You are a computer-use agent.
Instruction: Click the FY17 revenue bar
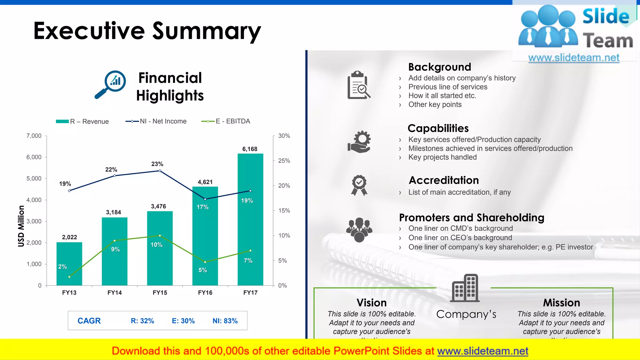250,219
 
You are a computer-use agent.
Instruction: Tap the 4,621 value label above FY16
205,182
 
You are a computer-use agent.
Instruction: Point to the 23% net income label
157,164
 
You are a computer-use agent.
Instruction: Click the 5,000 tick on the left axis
34,178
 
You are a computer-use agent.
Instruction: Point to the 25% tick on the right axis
284,161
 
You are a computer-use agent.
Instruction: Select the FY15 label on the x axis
160,292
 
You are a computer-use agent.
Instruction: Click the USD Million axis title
21,226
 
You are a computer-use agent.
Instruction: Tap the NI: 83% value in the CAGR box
225,321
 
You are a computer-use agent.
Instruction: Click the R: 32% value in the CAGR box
142,321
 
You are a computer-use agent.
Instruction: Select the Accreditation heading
444,180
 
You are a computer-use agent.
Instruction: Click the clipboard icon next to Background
359,85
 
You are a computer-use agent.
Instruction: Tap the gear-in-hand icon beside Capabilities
359,142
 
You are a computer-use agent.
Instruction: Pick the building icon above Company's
465,288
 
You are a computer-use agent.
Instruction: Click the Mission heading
561,302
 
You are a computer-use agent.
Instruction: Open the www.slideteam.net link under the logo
573,57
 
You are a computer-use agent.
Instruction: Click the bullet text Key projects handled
442,157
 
